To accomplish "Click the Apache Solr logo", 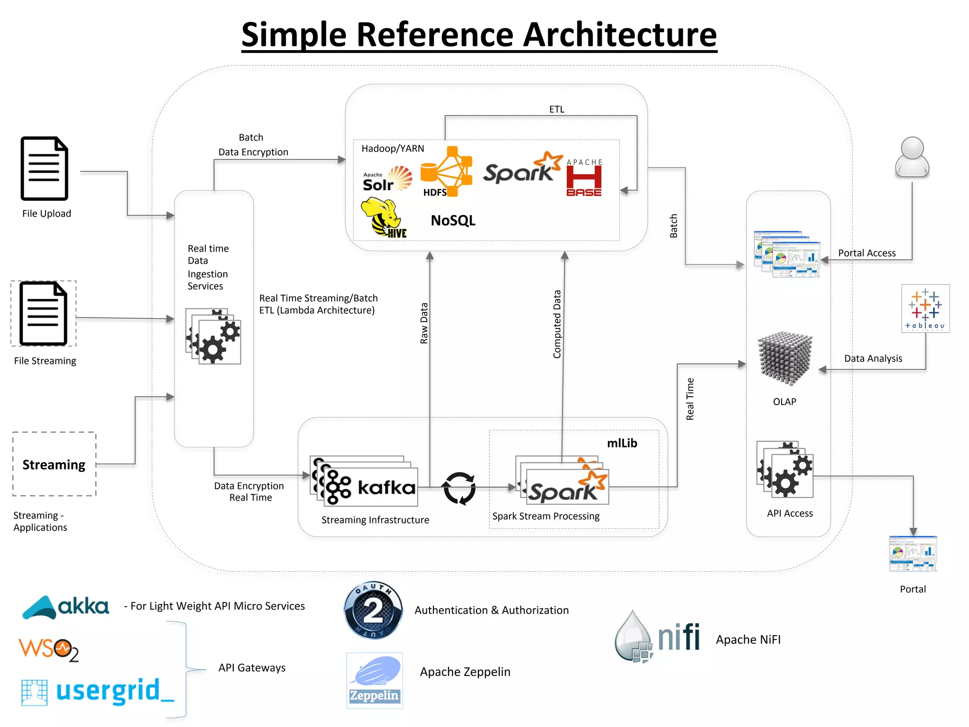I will (387, 179).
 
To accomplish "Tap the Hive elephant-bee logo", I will (382, 218).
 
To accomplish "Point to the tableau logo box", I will (925, 309).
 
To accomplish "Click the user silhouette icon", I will (912, 158).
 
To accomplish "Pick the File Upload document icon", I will (44, 168).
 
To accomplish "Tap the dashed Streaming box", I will (54, 464).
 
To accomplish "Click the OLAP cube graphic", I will (785, 359).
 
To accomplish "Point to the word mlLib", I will (622, 443).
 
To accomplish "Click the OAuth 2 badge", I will (373, 611).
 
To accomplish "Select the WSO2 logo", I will (48, 650).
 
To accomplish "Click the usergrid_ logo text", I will (98, 692).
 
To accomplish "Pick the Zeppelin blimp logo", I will (374, 680).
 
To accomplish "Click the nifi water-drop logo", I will (657, 637).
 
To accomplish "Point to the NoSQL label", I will (453, 221).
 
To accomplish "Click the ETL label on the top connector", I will (556, 109).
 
